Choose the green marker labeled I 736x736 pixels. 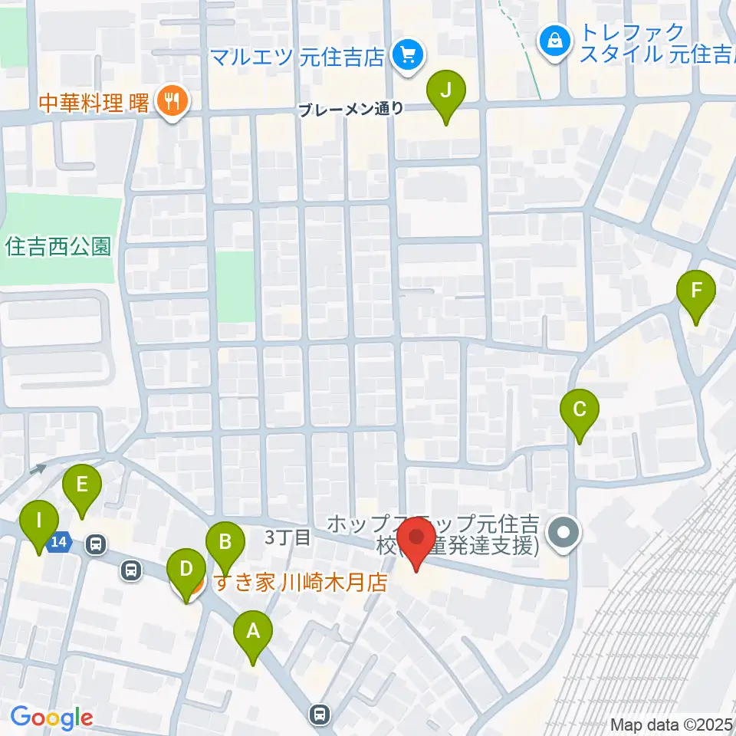[x=39, y=524]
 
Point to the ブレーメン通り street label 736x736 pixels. [x=350, y=109]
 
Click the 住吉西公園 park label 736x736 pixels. [x=58, y=247]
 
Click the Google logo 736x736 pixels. [x=51, y=718]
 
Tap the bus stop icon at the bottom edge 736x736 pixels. [x=319, y=715]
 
